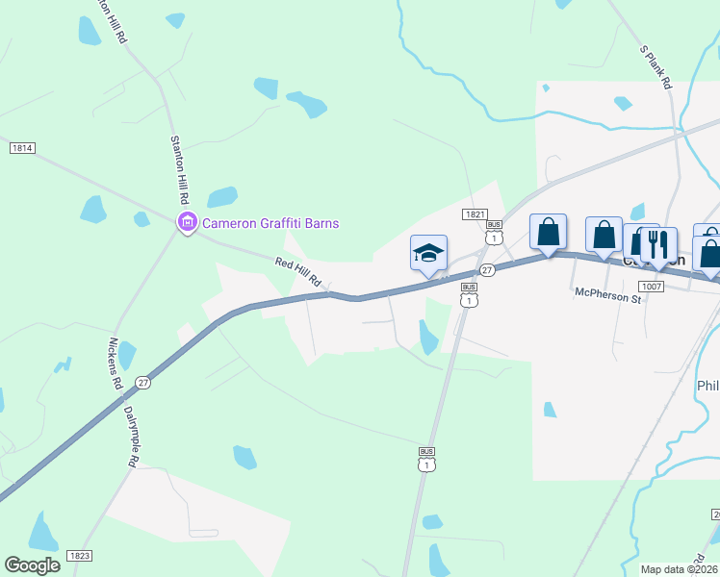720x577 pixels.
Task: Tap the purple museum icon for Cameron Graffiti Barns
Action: (187, 223)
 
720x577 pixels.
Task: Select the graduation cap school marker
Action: (428, 254)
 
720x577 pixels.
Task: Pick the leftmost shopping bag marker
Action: (548, 233)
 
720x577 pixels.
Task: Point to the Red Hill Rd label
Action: (297, 272)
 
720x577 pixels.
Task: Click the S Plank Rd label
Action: (656, 66)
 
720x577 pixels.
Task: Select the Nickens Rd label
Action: (116, 364)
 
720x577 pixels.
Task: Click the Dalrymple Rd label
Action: (130, 436)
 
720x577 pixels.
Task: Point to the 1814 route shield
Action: (22, 148)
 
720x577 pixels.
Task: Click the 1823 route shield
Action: (80, 556)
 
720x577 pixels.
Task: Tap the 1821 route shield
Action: (473, 214)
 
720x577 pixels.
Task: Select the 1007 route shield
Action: (651, 287)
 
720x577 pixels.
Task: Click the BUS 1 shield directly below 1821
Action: (494, 235)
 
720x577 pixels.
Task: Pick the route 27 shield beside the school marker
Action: (488, 271)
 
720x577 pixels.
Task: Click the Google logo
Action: (32, 564)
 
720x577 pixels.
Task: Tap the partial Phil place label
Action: (707, 386)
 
